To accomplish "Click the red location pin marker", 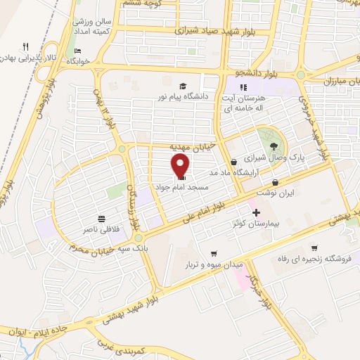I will point(181,166).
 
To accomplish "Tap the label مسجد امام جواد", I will point(179,189).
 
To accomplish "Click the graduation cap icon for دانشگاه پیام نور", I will point(183,85).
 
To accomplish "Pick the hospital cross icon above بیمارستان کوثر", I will point(256,212).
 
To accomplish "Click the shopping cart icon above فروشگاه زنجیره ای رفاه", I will point(314,247).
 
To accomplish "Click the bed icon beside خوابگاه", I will point(77,51).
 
